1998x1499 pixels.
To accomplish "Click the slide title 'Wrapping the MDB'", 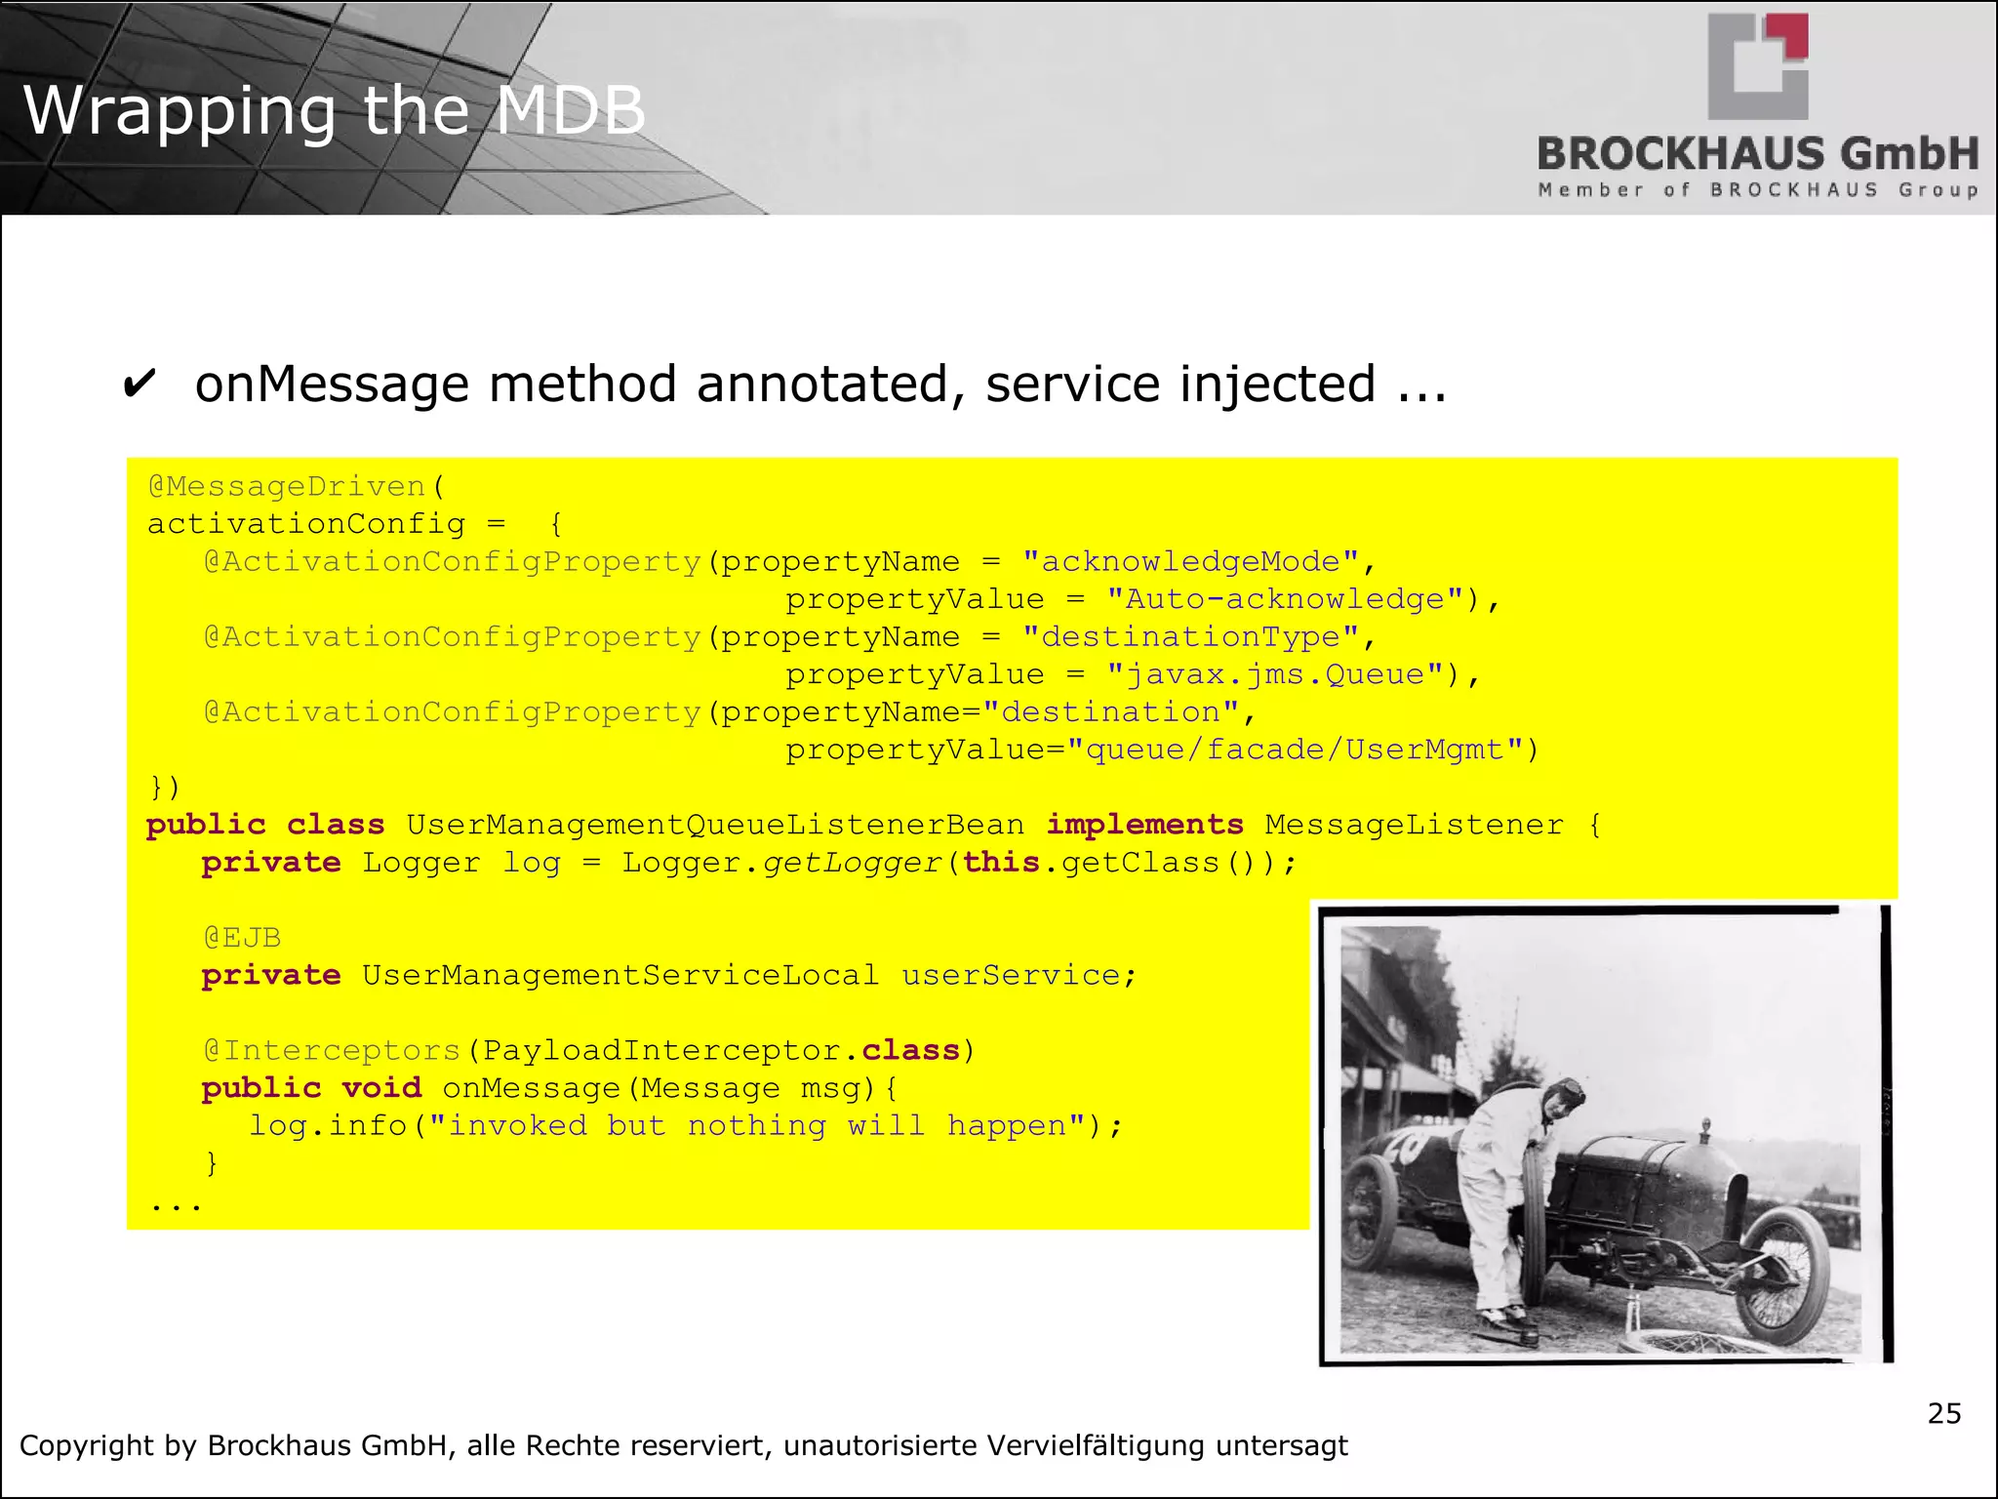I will (334, 109).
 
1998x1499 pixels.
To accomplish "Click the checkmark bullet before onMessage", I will (140, 385).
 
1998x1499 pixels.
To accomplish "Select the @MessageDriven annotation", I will (286, 486).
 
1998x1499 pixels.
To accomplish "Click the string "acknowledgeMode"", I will (1190, 562).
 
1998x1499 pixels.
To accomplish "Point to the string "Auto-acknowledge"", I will (1285, 599).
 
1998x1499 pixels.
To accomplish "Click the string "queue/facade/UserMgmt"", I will (1295, 749).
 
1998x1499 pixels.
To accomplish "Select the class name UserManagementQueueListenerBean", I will (715, 825).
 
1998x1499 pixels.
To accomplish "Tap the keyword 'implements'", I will (1144, 825).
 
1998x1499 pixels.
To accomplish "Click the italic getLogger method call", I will (852, 863).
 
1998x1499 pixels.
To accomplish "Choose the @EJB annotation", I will (242, 938).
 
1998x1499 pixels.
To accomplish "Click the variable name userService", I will (1010, 975).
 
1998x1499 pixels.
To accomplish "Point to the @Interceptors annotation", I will (332, 1050).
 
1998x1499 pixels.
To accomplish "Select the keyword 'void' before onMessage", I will (381, 1088).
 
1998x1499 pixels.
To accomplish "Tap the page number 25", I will (1943, 1413).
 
